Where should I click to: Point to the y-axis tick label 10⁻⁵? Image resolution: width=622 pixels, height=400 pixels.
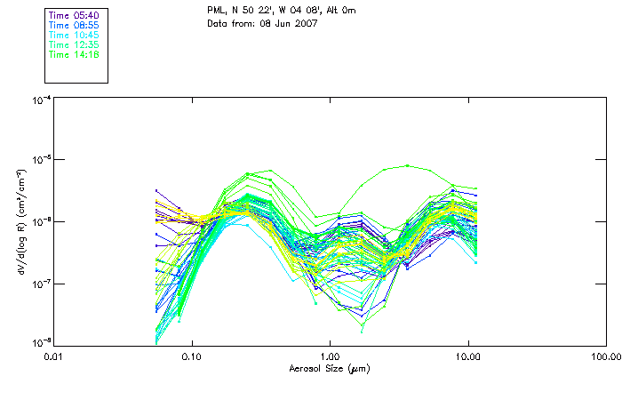40,160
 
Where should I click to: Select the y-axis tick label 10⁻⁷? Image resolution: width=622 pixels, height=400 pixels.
40,283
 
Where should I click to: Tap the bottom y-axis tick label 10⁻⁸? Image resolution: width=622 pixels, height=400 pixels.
40,342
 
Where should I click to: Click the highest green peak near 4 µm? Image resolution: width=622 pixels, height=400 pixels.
407,165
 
